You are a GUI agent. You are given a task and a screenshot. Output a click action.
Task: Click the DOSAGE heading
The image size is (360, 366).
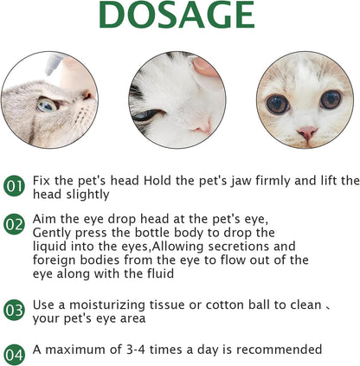pyautogui.click(x=179, y=16)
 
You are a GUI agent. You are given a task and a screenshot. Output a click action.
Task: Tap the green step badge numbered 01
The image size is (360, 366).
pyautogui.click(x=15, y=185)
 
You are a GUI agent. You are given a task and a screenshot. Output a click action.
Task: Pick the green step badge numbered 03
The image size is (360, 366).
pyautogui.click(x=15, y=309)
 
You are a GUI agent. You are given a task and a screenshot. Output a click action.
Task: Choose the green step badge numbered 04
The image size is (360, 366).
pyautogui.click(x=15, y=354)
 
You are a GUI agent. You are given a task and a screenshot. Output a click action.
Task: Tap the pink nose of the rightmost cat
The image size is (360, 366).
pyautogui.click(x=307, y=132)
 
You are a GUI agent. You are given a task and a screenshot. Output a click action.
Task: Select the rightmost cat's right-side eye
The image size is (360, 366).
pyautogui.click(x=330, y=100)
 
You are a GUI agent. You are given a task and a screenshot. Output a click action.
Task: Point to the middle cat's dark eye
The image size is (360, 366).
pyautogui.click(x=145, y=115)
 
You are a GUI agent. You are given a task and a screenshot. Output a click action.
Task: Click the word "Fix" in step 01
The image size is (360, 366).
pyautogui.click(x=42, y=180)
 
